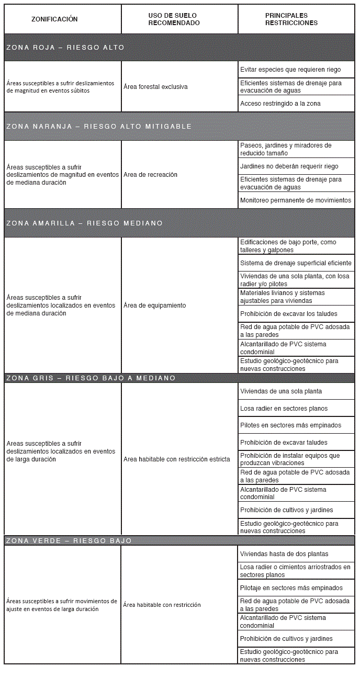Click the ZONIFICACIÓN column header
coord(54,19)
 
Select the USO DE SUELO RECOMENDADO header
coord(174,19)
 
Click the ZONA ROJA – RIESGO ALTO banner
coord(65,48)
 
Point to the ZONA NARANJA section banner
coord(99,127)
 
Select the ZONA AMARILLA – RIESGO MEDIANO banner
coord(85,223)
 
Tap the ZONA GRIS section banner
coord(91,378)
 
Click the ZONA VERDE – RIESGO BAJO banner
coord(69,540)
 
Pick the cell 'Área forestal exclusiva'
coord(155,87)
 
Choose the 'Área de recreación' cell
coord(151,175)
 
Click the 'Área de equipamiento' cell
coord(155,306)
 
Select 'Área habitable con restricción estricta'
coord(177,459)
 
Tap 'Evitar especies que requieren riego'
coord(290,70)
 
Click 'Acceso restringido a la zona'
coord(280,104)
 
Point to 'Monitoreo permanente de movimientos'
coord(296,200)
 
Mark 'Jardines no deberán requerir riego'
coord(289,166)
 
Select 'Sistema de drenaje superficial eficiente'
coord(296,263)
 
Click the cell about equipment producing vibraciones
coord(290,459)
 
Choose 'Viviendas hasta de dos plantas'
coord(284,554)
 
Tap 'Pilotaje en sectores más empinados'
coord(291,588)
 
